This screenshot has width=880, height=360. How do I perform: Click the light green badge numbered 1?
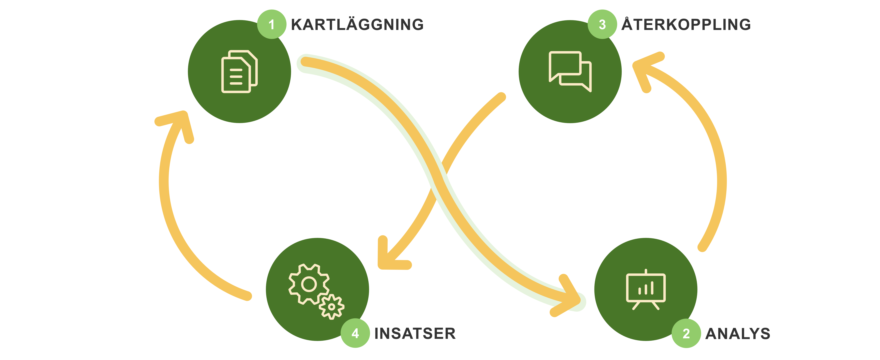point(272,24)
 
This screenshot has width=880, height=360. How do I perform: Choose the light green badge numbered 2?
point(686,333)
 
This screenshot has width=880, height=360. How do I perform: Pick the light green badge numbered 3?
point(602,24)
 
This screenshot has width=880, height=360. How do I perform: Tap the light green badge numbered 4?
point(355,333)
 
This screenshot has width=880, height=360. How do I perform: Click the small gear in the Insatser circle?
point(331,307)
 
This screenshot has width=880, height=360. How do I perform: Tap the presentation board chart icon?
point(646,289)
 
